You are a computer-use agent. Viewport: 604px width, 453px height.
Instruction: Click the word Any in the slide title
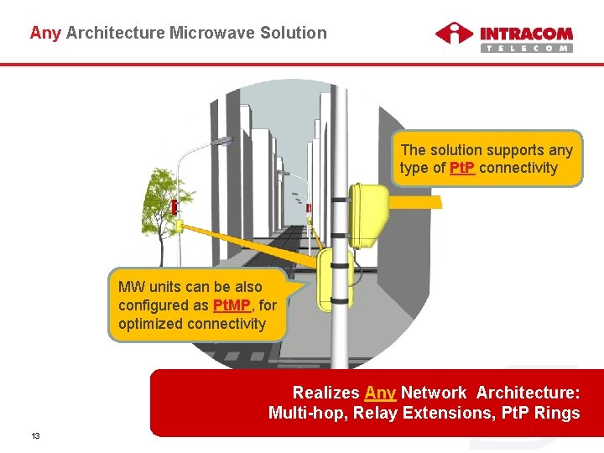(x=44, y=34)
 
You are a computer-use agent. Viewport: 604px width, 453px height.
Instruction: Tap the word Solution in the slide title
(x=294, y=34)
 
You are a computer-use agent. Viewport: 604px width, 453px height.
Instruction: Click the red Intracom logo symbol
(x=454, y=34)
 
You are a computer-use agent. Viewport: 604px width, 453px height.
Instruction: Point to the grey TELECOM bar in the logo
(x=527, y=49)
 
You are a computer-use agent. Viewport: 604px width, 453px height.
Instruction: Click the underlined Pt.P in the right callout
(x=462, y=169)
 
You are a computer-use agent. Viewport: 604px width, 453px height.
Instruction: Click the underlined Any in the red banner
(x=380, y=393)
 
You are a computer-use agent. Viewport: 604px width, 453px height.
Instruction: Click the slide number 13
(x=36, y=436)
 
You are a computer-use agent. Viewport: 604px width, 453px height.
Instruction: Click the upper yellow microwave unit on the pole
(x=368, y=215)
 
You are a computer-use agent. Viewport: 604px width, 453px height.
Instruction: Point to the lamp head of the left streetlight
(x=225, y=142)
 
